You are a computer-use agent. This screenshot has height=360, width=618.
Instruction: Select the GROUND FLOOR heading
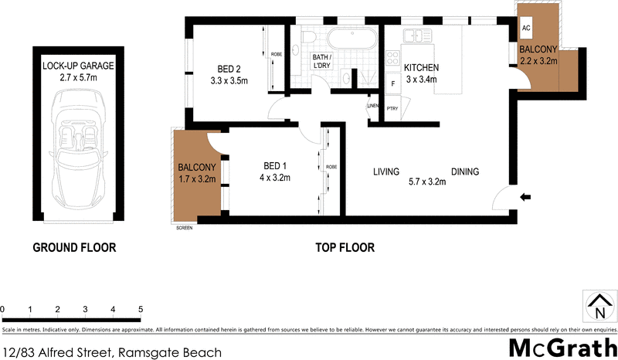pyautogui.click(x=74, y=248)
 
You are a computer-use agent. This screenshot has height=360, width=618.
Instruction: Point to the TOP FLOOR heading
pyautogui.click(x=345, y=248)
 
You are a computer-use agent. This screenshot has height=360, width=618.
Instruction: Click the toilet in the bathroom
pyautogui.click(x=308, y=38)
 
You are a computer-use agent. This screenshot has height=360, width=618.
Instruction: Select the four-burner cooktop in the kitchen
pyautogui.click(x=391, y=61)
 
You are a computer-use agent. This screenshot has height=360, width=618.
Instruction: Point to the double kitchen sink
pyautogui.click(x=416, y=35)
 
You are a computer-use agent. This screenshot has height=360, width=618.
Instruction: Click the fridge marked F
pyautogui.click(x=392, y=82)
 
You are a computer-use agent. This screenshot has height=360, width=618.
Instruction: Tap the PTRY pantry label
pyautogui.click(x=392, y=108)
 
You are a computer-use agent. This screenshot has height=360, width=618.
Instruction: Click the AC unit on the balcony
pyautogui.click(x=527, y=28)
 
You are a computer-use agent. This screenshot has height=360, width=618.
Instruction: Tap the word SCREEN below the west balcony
pyautogui.click(x=184, y=228)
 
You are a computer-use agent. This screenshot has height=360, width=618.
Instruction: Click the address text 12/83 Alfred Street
pyautogui.click(x=58, y=352)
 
